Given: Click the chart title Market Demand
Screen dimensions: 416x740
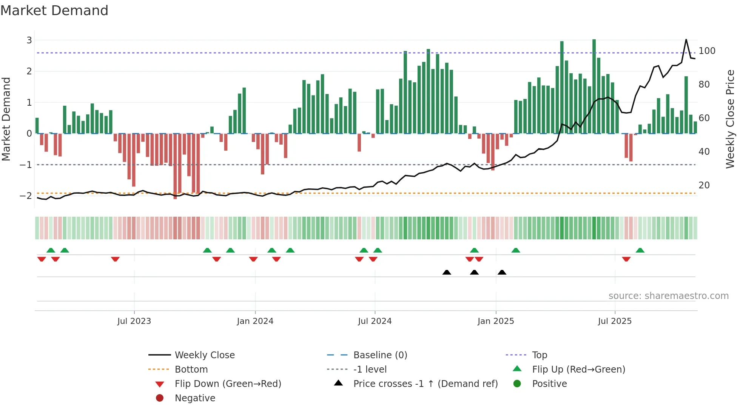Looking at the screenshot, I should point(54,11).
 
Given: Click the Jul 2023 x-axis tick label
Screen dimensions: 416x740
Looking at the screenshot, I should point(134,321).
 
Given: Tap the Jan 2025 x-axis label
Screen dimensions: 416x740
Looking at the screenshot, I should point(495,321).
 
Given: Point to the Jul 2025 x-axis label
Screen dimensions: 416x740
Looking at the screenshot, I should point(614,321).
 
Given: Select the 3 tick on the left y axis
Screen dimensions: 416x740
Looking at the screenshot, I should point(29,40).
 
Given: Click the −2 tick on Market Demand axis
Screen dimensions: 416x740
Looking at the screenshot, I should point(26,196).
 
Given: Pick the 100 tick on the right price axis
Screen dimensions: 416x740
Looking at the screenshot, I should point(707,51).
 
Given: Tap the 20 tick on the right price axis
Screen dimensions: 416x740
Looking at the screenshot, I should point(704,185).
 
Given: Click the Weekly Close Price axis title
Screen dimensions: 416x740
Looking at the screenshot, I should point(730,119).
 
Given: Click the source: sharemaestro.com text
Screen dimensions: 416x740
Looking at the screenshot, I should point(668,296).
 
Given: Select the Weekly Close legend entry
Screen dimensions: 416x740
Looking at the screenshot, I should point(204,355).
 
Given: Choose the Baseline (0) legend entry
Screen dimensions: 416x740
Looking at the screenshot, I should point(380,355).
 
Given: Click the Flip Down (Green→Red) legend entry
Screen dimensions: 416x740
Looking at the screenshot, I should point(228,384).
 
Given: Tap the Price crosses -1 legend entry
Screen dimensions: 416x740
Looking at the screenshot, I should point(425,384).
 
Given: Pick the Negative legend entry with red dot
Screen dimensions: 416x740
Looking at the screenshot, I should point(195,398).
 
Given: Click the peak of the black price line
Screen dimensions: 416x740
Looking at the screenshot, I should point(686,40).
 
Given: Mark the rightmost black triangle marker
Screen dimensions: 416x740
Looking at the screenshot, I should point(502,273).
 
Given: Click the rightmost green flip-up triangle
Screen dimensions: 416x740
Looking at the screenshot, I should point(640,250).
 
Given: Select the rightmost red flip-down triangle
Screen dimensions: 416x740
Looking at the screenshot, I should point(626,259).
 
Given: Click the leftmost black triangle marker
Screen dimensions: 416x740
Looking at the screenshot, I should point(447,273).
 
